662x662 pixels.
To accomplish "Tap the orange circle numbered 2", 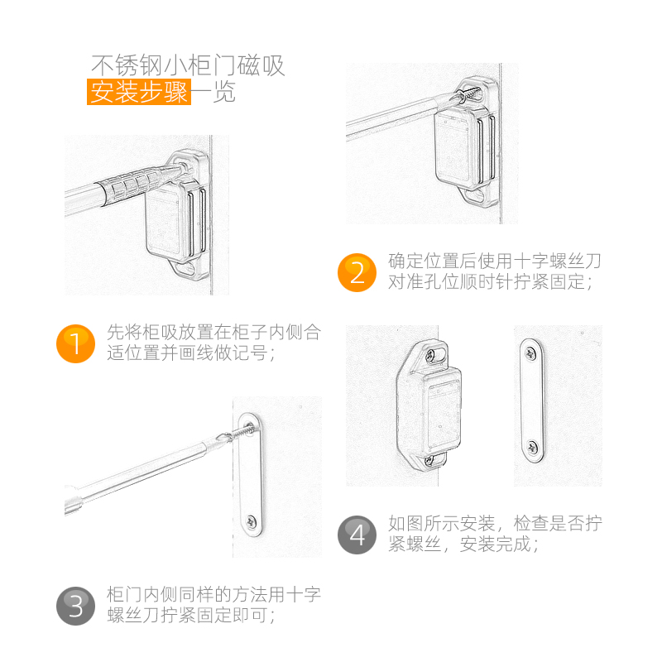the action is coord(357,272).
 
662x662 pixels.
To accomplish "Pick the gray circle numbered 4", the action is coord(357,535).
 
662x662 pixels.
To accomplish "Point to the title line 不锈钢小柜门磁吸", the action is coord(188,65).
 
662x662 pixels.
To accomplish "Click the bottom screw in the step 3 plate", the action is coord(250,522).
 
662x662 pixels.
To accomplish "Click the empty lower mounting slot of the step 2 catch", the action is coord(477,197).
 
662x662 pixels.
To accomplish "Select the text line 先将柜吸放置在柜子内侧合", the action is coord(213,333).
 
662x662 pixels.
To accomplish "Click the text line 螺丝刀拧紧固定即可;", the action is coord(191,616).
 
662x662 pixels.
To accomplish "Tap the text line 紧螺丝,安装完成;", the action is coord(463,544).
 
